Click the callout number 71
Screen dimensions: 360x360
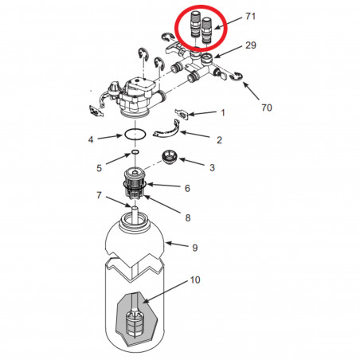(x=250, y=17)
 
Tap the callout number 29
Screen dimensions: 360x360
(x=251, y=45)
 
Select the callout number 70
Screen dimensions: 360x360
(x=267, y=108)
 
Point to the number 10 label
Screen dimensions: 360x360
(x=195, y=280)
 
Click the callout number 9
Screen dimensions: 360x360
(x=195, y=248)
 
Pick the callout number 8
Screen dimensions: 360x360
(x=188, y=218)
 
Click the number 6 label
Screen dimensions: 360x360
(x=187, y=188)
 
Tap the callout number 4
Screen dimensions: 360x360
(x=91, y=139)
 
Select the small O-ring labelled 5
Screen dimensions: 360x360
(x=135, y=152)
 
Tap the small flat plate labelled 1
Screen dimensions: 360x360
(x=182, y=114)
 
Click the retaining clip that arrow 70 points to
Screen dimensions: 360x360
(x=236, y=76)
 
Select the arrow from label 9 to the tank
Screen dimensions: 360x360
(x=178, y=245)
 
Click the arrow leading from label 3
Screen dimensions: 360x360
(x=192, y=162)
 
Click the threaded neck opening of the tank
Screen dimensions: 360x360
(x=135, y=221)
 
